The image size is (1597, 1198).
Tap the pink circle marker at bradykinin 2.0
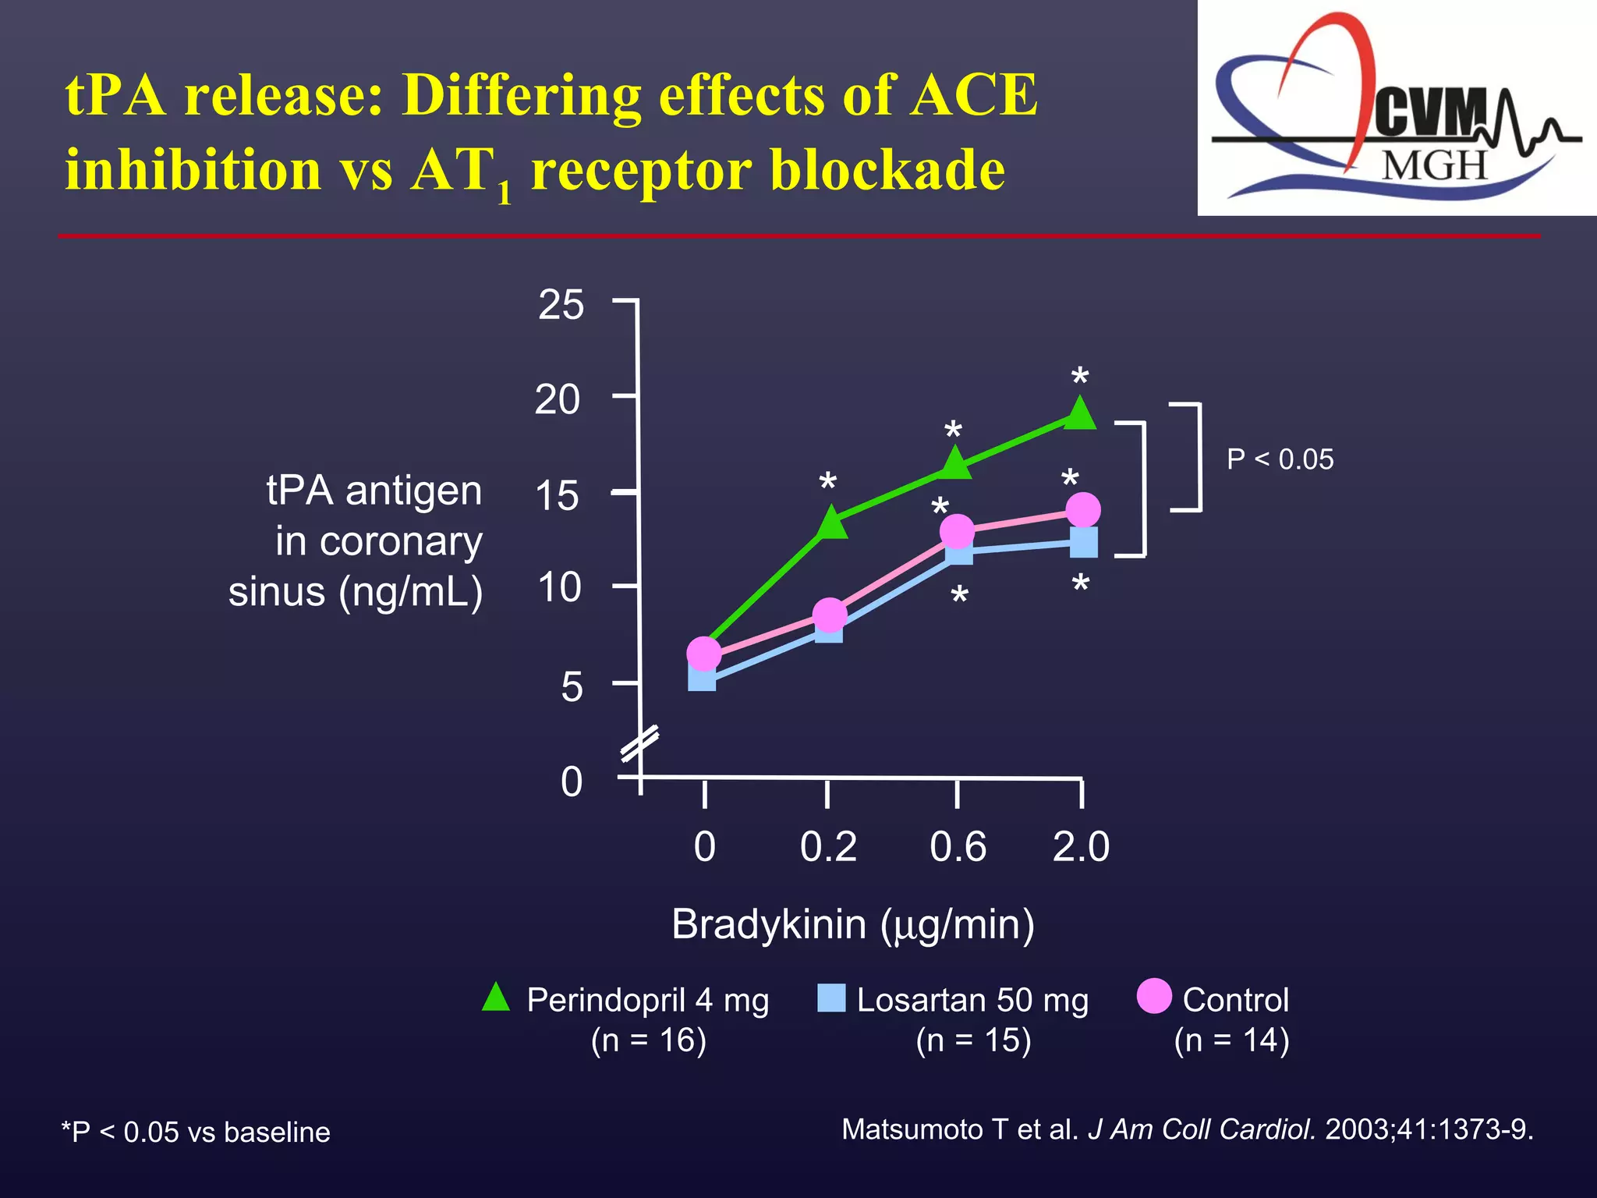[x=1082, y=510]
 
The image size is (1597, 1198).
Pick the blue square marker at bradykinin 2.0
[x=1084, y=542]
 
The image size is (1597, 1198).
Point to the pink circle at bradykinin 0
[x=703, y=654]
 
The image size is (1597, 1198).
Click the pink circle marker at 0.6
[x=958, y=532]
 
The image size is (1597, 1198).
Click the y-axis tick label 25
[x=561, y=305]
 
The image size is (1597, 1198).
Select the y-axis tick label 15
[x=557, y=496]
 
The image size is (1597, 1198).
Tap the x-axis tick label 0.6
[x=958, y=847]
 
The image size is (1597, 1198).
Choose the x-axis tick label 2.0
[x=1081, y=847]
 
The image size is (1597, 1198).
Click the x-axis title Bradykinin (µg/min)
[x=853, y=925]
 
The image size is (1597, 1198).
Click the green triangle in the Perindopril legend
[x=496, y=998]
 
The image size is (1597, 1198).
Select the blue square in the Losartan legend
[x=831, y=998]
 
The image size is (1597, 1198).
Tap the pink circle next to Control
[x=1154, y=996]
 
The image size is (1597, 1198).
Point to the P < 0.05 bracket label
[x=1280, y=459]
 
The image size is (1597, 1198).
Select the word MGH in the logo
[x=1435, y=165]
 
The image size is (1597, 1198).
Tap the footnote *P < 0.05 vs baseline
[x=196, y=1132]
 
